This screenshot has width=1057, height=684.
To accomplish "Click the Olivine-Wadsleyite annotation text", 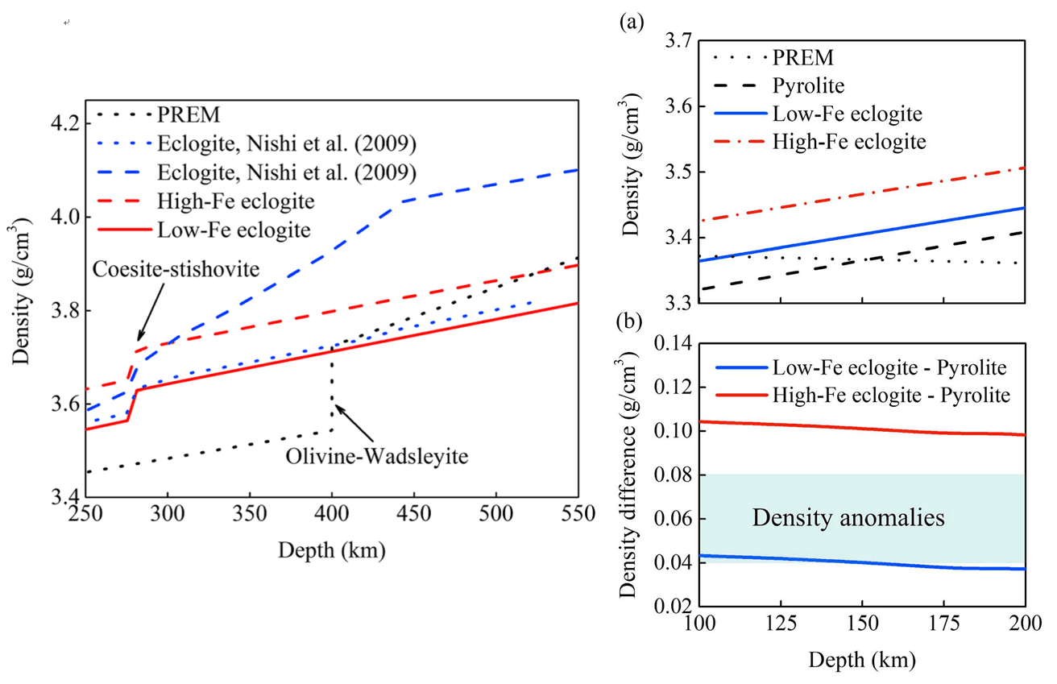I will (376, 455).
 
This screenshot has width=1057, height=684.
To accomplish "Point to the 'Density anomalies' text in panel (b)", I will (848, 518).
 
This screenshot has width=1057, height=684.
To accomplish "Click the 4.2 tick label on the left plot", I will (66, 125).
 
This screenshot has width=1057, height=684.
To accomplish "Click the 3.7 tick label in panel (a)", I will (674, 41).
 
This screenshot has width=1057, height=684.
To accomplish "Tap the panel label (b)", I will (630, 323).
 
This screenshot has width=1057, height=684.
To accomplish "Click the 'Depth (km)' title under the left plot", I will (330, 552).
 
